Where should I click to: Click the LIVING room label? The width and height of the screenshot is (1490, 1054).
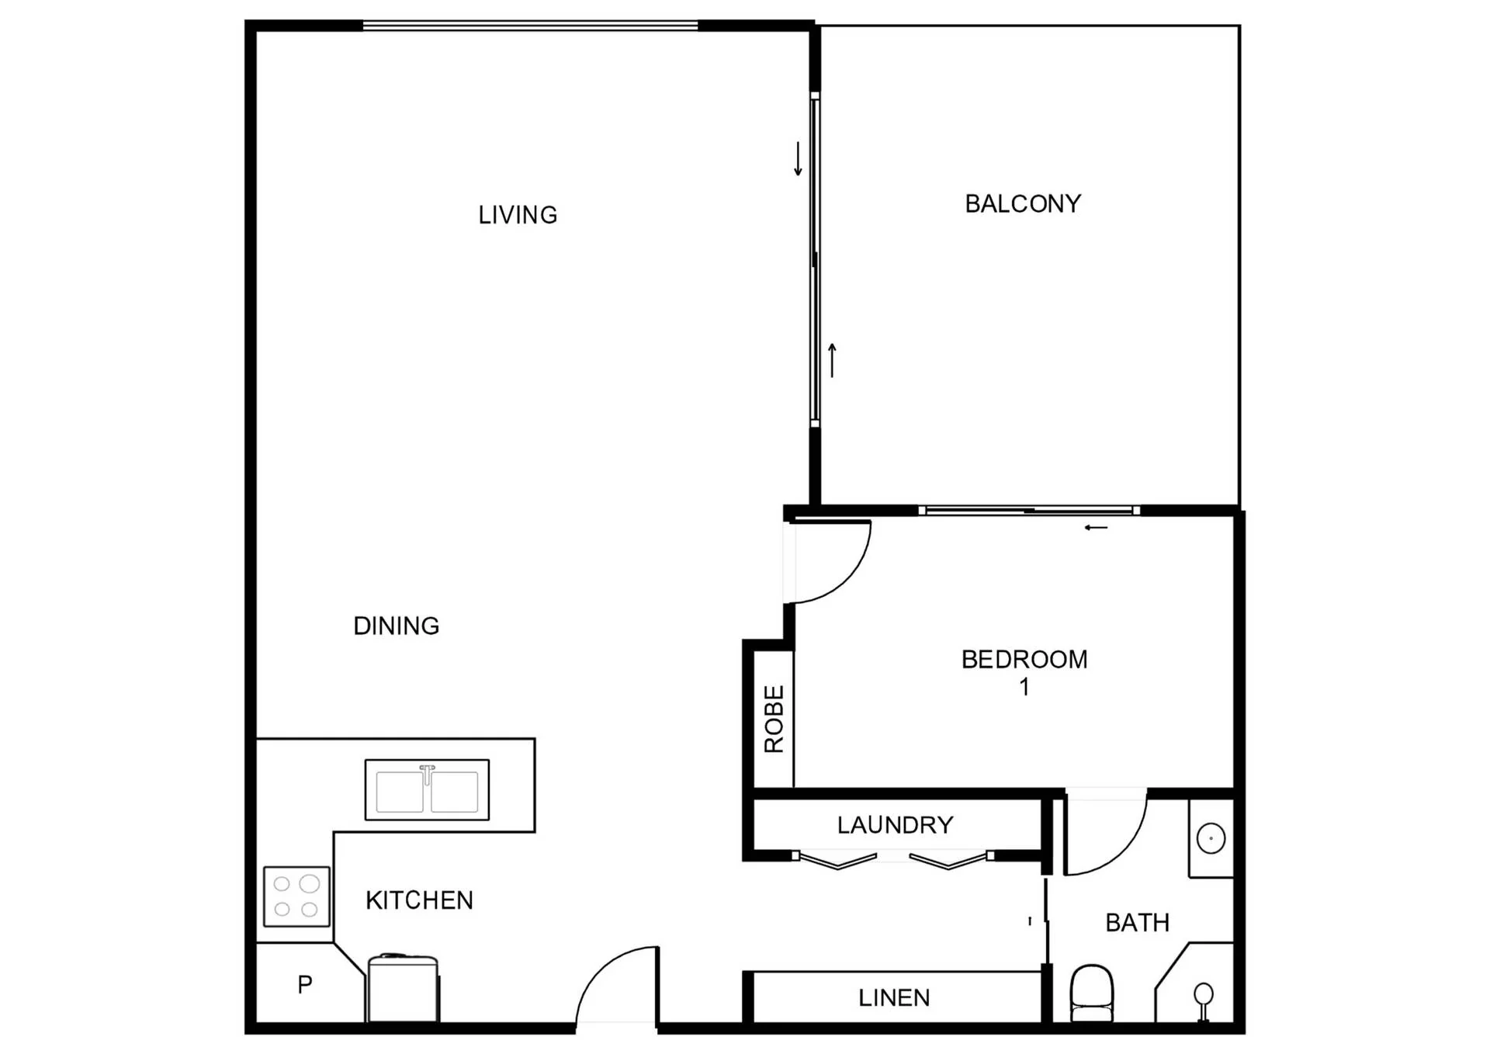(x=518, y=215)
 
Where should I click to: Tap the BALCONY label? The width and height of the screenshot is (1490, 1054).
(x=1023, y=203)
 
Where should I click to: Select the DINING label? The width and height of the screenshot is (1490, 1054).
(x=396, y=626)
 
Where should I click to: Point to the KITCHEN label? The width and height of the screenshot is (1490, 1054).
(x=419, y=900)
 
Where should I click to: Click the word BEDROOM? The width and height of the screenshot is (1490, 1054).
(x=1024, y=659)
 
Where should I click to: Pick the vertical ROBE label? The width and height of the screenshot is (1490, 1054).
(x=774, y=719)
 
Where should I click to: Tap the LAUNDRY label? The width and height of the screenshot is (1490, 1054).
(x=895, y=824)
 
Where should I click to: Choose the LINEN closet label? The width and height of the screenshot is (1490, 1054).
(x=894, y=997)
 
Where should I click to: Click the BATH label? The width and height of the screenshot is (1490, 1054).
(x=1137, y=923)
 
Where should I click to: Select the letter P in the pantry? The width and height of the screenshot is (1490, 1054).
(x=305, y=984)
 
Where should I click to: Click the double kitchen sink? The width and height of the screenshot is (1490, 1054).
(x=427, y=790)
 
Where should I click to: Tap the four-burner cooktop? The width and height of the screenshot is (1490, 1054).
(x=296, y=896)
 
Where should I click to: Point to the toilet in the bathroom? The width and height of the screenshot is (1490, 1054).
(x=1091, y=993)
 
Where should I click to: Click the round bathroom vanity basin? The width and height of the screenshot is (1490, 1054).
(x=1211, y=838)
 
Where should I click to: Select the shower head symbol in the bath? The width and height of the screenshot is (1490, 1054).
(x=1204, y=1000)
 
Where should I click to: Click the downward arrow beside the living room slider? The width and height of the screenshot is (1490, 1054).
(x=798, y=158)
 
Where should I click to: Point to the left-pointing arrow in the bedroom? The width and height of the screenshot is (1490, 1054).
(x=1096, y=528)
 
